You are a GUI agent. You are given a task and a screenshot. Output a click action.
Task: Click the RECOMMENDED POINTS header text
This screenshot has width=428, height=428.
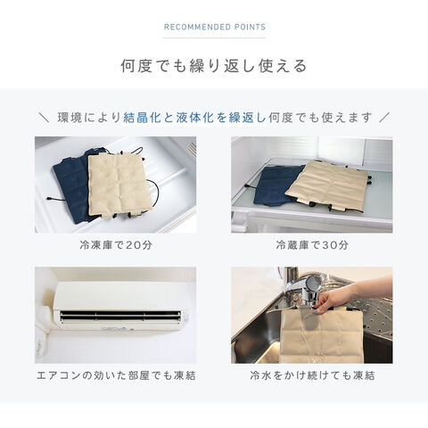pyautogui.click(x=215, y=27)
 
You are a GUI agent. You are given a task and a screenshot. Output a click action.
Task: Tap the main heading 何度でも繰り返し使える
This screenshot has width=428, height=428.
pyautogui.click(x=214, y=66)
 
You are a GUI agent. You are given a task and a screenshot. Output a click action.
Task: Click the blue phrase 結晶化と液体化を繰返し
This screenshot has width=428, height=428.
pyautogui.click(x=194, y=118)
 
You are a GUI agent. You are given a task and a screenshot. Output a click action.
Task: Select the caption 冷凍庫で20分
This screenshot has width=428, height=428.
pyautogui.click(x=116, y=245)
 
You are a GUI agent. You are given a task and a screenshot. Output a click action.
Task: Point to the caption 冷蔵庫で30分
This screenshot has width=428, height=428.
pyautogui.click(x=312, y=245)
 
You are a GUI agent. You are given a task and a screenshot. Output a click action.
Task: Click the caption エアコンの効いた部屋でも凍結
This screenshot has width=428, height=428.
pyautogui.click(x=116, y=375)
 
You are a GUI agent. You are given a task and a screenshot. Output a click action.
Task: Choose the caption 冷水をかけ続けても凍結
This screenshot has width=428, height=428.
pyautogui.click(x=312, y=375)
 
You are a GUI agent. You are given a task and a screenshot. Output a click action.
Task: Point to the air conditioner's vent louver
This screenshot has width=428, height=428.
pyautogui.click(x=120, y=317)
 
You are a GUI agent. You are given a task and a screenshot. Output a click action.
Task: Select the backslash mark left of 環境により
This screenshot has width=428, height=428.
pyautogui.click(x=44, y=118)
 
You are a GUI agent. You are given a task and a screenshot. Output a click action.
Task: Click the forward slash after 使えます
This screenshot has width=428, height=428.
pyautogui.click(x=384, y=118)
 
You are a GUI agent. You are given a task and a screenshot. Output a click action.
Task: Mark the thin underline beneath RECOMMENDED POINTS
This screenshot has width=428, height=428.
pyautogui.click(x=214, y=37)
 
